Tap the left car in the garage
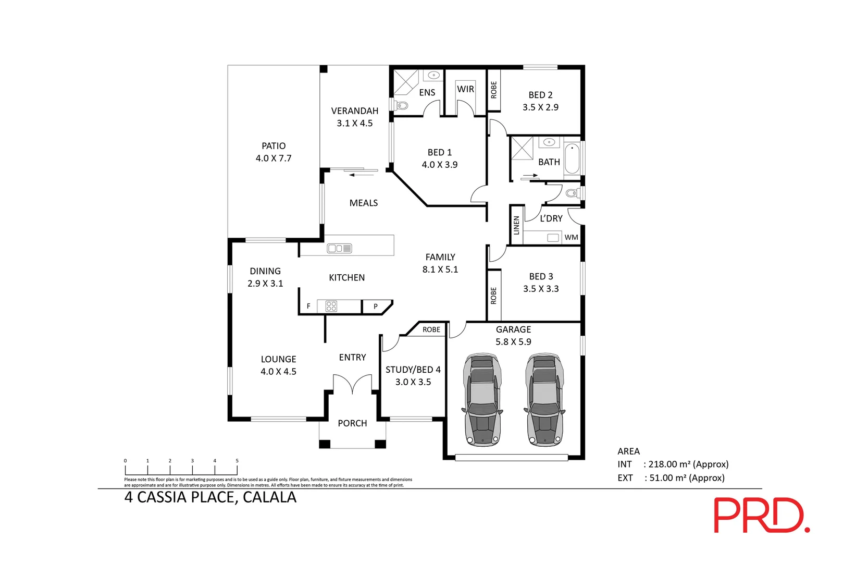[482, 400]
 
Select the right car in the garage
[544, 400]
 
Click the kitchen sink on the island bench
[339, 249]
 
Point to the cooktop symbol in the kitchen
[331, 306]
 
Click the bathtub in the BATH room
[572, 158]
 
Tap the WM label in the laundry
[571, 237]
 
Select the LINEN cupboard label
[516, 225]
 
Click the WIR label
[465, 89]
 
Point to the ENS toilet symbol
[402, 106]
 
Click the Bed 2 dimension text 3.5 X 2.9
[540, 107]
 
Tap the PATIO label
[274, 146]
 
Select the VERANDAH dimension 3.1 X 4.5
[354, 124]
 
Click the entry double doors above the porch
[353, 385]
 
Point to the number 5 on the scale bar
[237, 461]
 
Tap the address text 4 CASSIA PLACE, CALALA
[210, 497]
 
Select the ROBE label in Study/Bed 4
[431, 329]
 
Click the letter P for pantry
[376, 307]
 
